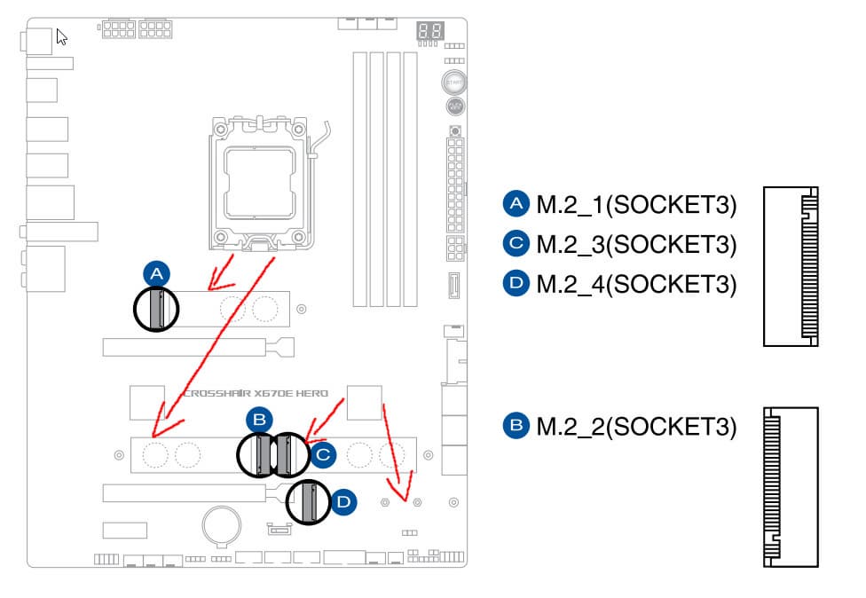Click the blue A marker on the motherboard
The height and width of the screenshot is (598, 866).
pyautogui.click(x=156, y=273)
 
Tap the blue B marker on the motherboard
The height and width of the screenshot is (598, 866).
pyautogui.click(x=258, y=420)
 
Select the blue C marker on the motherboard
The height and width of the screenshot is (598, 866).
pyautogui.click(x=323, y=455)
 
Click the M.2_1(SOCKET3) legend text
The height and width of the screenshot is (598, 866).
pyautogui.click(x=636, y=205)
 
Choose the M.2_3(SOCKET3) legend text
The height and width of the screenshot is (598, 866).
pyautogui.click(x=636, y=244)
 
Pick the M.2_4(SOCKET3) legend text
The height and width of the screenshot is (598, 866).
pyautogui.click(x=636, y=284)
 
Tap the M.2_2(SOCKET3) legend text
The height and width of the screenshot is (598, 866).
pyautogui.click(x=636, y=426)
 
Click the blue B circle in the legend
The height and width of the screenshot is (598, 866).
pyautogui.click(x=516, y=426)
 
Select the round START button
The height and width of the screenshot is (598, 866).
pyautogui.click(x=453, y=82)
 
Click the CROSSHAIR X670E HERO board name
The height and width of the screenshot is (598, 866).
pyautogui.click(x=256, y=393)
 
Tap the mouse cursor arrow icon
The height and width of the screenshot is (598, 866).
pyautogui.click(x=62, y=37)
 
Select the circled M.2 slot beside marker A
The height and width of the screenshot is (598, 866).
pyautogui.click(x=156, y=309)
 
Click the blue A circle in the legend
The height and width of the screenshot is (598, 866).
pyautogui.click(x=516, y=205)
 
